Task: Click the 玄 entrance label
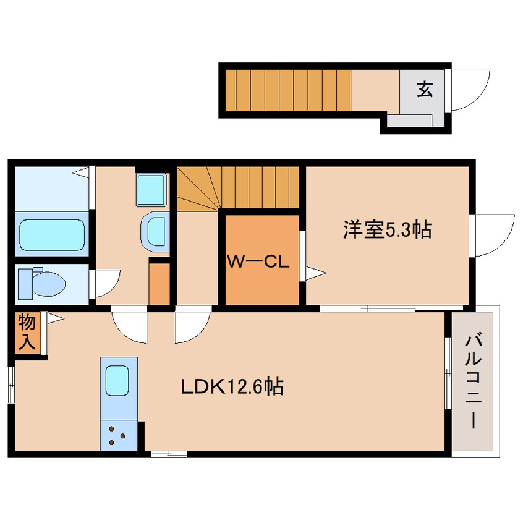[425, 90]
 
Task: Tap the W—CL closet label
[258, 262]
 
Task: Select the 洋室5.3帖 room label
[387, 230]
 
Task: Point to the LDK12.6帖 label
[232, 386]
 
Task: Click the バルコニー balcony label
[474, 382]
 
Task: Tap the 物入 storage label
[27, 332]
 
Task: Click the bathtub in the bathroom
[52, 235]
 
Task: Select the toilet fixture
[41, 284]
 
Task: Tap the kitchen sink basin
[117, 381]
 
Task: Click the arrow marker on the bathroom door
[80, 172]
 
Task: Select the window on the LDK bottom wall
[169, 454]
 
